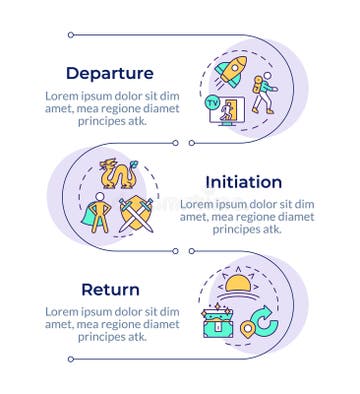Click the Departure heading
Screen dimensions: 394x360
coord(109,73)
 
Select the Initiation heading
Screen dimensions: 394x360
coord(243,182)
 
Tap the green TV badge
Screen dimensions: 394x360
coord(212,102)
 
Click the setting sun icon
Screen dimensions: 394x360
coord(238,288)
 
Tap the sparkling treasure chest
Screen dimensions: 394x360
coord(217,320)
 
